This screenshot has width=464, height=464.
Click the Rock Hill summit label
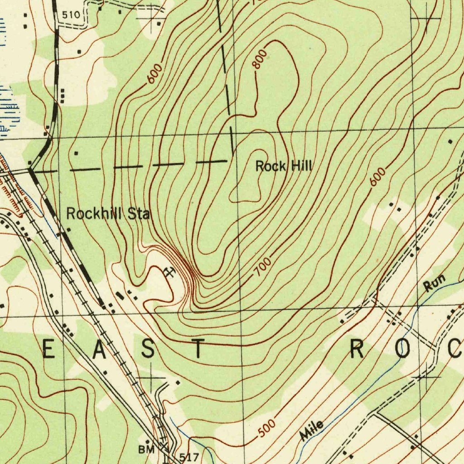(x=284, y=166)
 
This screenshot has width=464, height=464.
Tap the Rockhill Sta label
(x=107, y=213)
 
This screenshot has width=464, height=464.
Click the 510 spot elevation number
(x=71, y=15)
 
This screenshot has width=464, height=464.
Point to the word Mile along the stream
(x=312, y=430)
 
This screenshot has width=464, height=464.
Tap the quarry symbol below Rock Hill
(x=169, y=272)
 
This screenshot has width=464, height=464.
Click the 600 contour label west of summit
(x=155, y=75)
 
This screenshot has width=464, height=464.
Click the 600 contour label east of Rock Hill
(x=377, y=177)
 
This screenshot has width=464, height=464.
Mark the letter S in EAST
(x=148, y=349)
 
